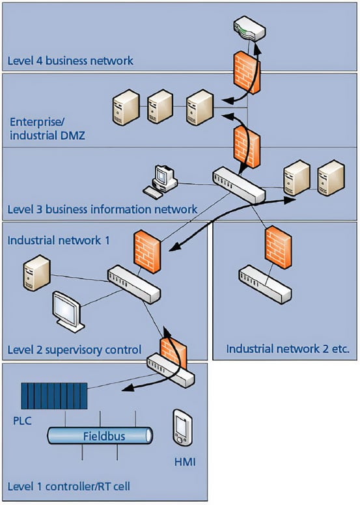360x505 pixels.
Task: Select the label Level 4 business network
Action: (70, 61)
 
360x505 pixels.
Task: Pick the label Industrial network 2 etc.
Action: (288, 349)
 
